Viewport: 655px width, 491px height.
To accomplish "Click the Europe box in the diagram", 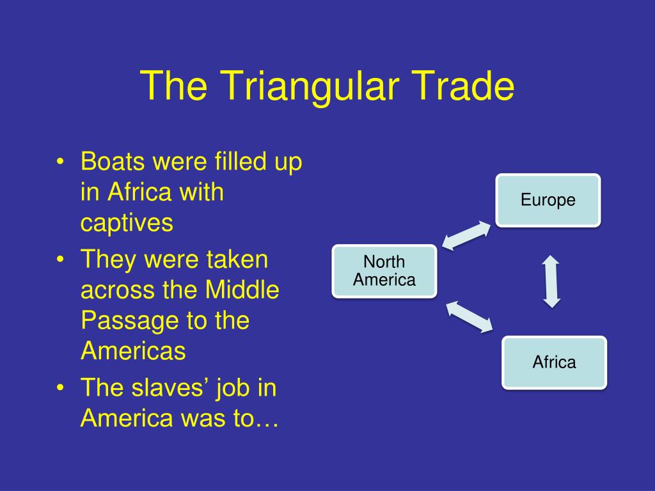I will (548, 200).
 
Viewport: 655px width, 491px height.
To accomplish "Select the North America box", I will (384, 271).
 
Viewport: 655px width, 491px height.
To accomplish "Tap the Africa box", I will (554, 362).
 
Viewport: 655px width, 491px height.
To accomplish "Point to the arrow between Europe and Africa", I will (551, 281).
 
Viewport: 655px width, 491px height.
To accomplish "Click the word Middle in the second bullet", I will (242, 290).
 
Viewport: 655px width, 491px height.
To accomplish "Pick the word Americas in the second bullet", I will (133, 351).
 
